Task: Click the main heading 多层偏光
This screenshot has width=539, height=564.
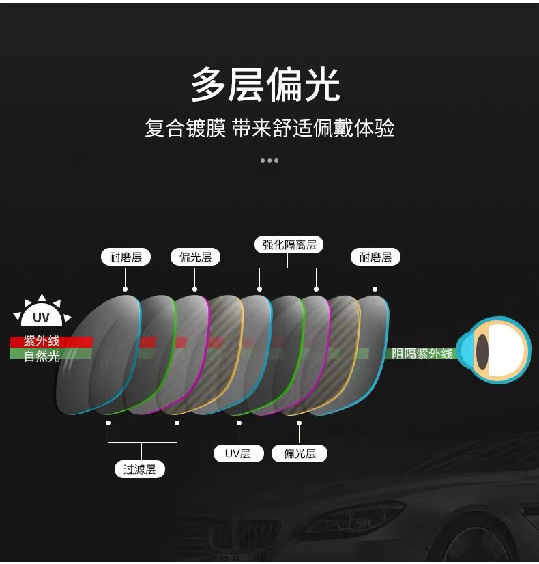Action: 265,84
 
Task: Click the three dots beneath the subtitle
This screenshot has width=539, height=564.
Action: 269,160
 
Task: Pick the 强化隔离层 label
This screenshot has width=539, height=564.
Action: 289,244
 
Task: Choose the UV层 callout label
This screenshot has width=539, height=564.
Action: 238,453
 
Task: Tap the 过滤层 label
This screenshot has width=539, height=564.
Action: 139,469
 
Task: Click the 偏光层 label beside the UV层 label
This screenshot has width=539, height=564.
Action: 300,453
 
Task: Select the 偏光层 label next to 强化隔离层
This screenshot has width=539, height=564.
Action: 195,257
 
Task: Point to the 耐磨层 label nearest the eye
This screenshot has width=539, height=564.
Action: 375,257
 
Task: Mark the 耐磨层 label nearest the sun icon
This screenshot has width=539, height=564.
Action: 126,257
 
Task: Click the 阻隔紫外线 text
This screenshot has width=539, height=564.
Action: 422,354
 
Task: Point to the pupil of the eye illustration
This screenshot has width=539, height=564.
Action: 482,351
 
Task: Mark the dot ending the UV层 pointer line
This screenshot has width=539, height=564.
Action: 239,423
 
